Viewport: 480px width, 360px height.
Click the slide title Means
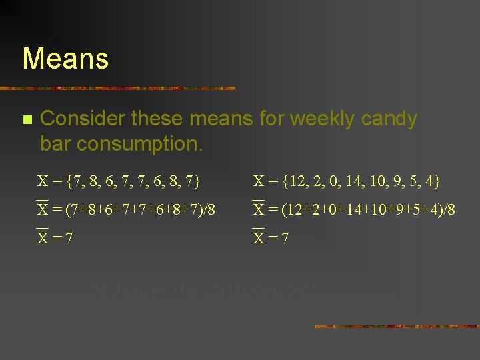65,59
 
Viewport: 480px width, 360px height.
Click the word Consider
83,119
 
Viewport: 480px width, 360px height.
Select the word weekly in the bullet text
321,119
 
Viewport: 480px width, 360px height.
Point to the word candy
389,119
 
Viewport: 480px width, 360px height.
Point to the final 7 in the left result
69,238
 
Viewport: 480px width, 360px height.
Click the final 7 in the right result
285,238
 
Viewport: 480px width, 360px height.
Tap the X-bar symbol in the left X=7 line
43,237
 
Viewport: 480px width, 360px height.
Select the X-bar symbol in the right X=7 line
259,237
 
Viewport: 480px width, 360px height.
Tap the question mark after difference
311,290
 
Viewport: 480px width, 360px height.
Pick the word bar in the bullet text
57,143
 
